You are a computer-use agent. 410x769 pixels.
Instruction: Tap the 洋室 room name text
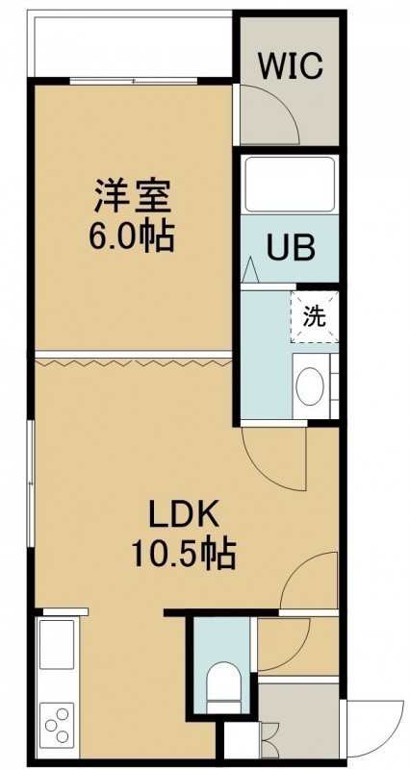pos(133,197)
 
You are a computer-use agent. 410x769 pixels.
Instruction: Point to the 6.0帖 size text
pos(131,236)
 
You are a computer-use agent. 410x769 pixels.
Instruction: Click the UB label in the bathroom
pos(291,248)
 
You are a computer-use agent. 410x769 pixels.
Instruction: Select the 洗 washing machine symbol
pos(315,317)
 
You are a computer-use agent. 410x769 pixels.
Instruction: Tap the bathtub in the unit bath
pos(290,184)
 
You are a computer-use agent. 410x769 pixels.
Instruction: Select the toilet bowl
pos(223,686)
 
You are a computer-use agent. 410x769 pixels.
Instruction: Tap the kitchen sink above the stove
pos(57,643)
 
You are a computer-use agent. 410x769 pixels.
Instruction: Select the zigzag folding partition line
pos(134,362)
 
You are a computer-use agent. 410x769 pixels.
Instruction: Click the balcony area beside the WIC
pos(133,45)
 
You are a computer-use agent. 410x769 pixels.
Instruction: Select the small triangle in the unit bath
pos(250,269)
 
